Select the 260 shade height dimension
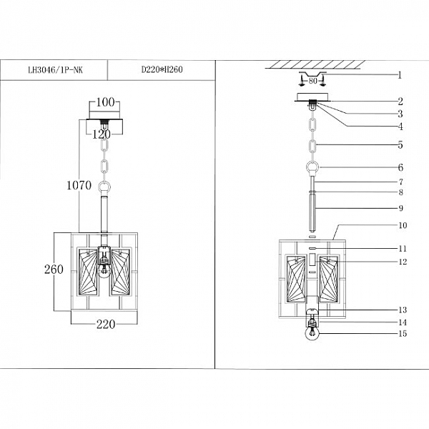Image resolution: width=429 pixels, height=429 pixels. click(x=53, y=270)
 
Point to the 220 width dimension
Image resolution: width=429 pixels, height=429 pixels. click(x=105, y=323)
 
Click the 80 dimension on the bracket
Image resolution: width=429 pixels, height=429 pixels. click(x=314, y=81)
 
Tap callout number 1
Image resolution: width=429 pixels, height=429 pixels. click(x=400, y=74)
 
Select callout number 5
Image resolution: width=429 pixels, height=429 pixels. click(x=400, y=144)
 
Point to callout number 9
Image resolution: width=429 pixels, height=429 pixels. click(x=400, y=208)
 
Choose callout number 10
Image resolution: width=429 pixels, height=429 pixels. click(x=403, y=225)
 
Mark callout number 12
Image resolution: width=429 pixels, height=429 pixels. click(x=403, y=262)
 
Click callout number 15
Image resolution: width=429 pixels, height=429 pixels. click(x=403, y=333)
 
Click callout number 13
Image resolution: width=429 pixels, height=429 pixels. click(x=403, y=310)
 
